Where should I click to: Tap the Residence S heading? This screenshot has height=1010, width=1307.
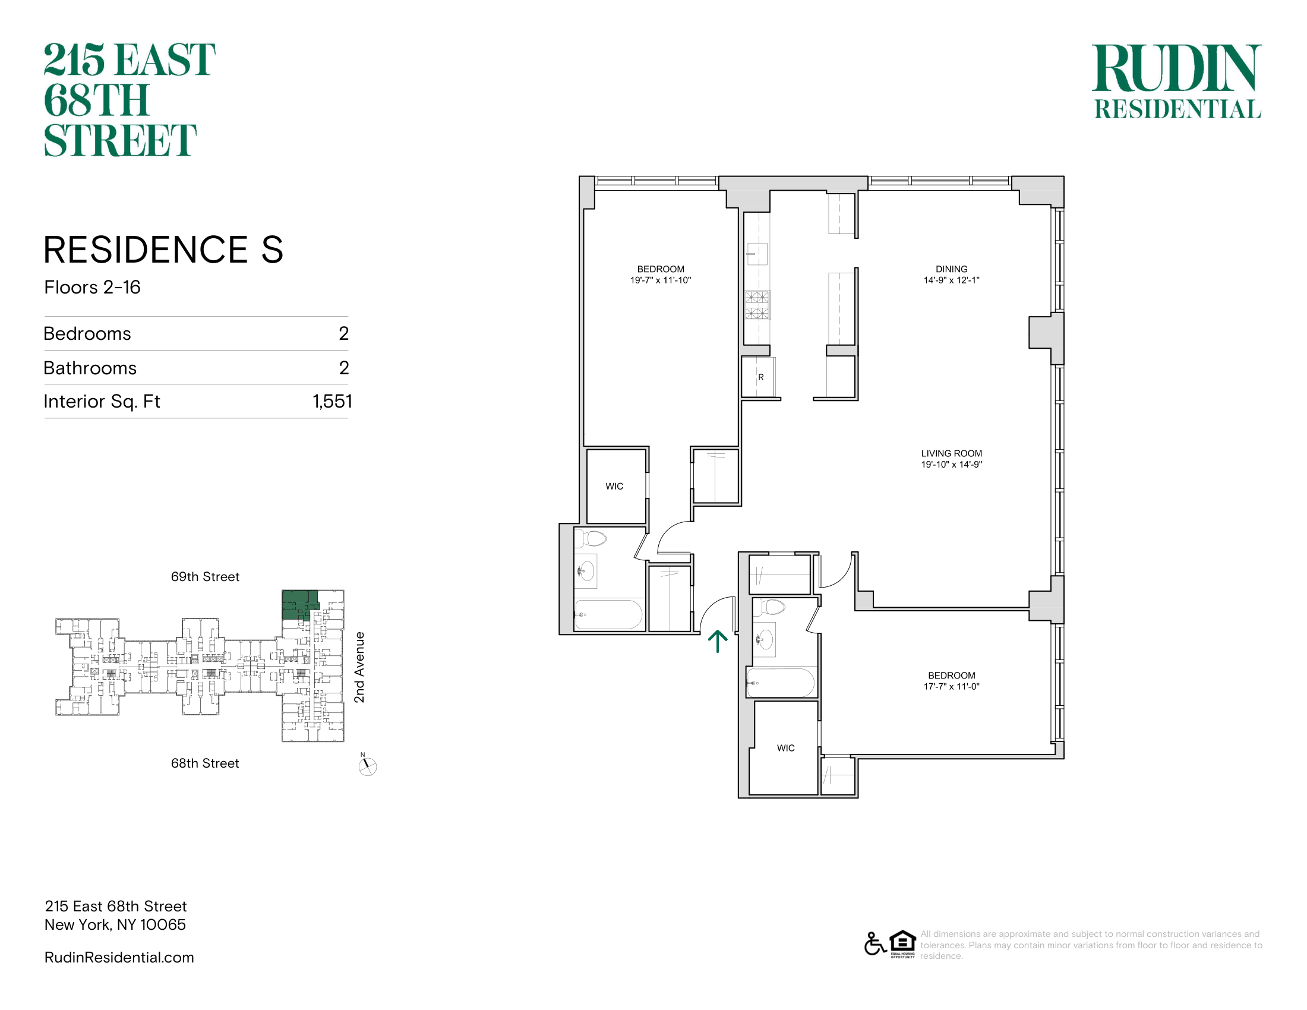(x=163, y=250)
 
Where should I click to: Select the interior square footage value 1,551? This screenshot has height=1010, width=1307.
(x=332, y=402)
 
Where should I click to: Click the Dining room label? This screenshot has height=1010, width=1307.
(x=952, y=269)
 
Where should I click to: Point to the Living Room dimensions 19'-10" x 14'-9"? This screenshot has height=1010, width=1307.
(x=952, y=465)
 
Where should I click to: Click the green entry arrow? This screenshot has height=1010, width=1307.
(x=718, y=642)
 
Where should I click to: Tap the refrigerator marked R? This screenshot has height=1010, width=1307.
(x=759, y=377)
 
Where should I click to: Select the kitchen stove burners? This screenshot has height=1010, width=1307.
(x=757, y=305)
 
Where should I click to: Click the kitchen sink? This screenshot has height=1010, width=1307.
(x=757, y=254)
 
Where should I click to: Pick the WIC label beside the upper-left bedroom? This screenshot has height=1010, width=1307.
(x=615, y=487)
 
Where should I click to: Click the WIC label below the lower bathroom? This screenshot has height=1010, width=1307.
(x=786, y=748)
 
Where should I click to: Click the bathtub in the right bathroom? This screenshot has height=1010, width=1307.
(x=781, y=683)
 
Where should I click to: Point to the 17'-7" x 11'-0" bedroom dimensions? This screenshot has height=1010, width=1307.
(x=952, y=686)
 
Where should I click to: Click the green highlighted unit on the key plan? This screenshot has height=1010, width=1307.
(x=299, y=604)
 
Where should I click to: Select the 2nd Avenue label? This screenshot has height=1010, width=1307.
(x=359, y=667)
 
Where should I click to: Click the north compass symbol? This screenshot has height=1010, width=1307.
(x=367, y=766)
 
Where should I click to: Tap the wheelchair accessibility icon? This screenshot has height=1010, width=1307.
(x=875, y=943)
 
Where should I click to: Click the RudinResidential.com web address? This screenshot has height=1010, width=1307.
(x=119, y=957)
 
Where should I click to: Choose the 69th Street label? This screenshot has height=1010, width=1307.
(x=206, y=577)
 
